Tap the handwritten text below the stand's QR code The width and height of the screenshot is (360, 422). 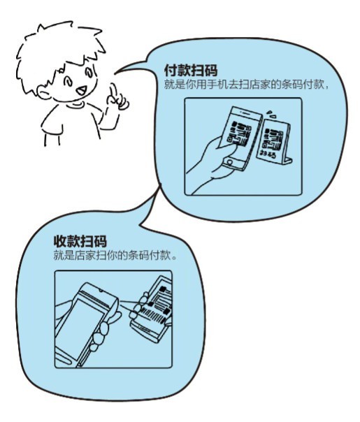(x=268, y=151)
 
